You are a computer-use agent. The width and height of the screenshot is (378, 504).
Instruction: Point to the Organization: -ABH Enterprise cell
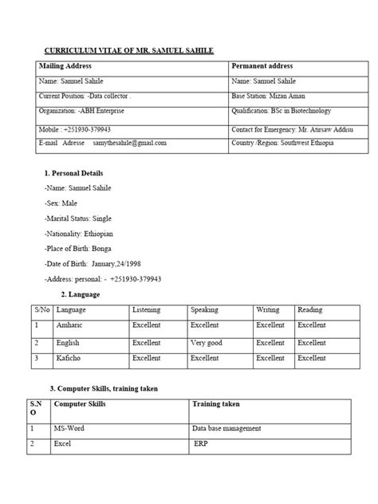(78, 112)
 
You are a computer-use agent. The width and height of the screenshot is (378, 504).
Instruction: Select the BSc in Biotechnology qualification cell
(280, 112)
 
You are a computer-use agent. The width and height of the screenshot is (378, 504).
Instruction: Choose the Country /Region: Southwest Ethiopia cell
(282, 143)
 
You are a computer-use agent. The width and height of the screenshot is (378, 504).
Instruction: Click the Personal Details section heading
(74, 173)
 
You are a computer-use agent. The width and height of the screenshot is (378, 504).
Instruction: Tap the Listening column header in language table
(147, 309)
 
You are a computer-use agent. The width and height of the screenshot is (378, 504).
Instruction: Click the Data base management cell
(227, 428)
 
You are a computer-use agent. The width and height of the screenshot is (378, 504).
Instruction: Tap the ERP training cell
(201, 443)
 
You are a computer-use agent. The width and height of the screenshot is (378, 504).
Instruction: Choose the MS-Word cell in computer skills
(69, 428)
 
